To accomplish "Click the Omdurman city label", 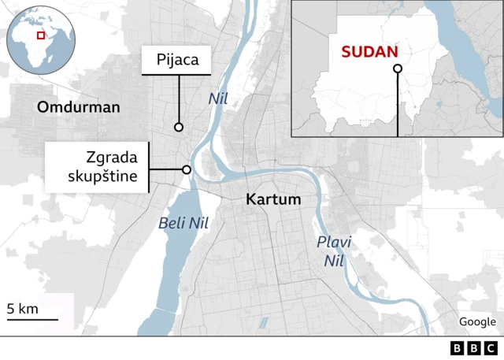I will pyautogui.click(x=79, y=107).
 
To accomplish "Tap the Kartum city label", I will pyautogui.click(x=273, y=199).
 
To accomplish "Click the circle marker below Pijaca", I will pyautogui.click(x=179, y=127).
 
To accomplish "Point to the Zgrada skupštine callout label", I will pyautogui.click(x=98, y=167).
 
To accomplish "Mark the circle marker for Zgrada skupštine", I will pyautogui.click(x=187, y=169).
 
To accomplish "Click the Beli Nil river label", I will pyautogui.click(x=183, y=223).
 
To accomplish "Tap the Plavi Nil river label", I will pyautogui.click(x=334, y=250).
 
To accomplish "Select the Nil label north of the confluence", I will pyautogui.click(x=217, y=99).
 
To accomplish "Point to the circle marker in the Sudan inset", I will pyautogui.click(x=398, y=69).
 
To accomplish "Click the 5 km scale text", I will pyautogui.click(x=22, y=308).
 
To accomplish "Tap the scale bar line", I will pyautogui.click(x=32, y=319).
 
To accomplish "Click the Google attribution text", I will pyautogui.click(x=477, y=321).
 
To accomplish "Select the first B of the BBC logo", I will pyautogui.click(x=458, y=348).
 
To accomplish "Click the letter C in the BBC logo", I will pyautogui.click(x=491, y=348).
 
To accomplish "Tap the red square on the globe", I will pyautogui.click(x=41, y=35).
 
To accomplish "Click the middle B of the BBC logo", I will pyautogui.click(x=474, y=348).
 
